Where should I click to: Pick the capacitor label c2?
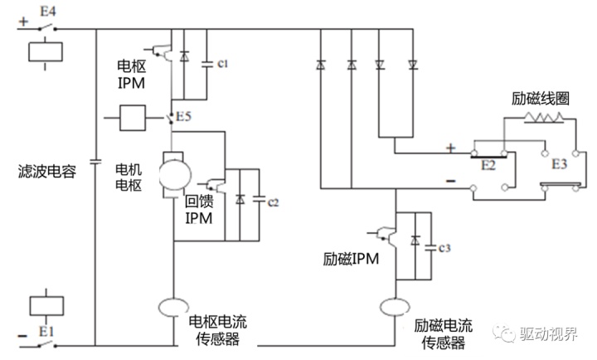tap(274, 203)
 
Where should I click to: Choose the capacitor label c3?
tap(444, 248)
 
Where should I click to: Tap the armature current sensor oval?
tap(173, 309)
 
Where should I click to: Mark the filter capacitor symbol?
tap(96, 158)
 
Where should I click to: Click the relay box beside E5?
tap(133, 118)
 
